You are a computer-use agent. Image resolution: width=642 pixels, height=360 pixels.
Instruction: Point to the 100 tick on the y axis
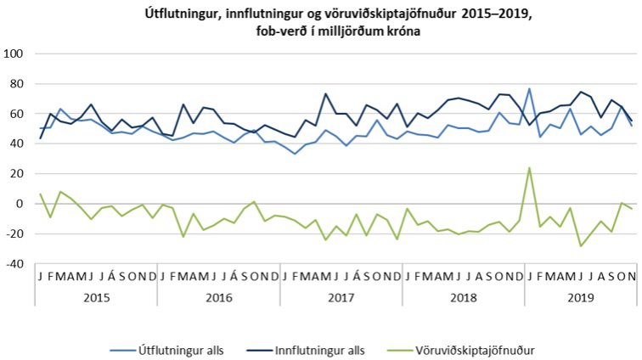coord(14,54)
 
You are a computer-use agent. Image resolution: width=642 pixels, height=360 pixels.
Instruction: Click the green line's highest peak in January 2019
coord(529,168)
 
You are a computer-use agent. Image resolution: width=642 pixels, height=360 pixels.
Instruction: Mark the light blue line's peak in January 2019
coord(529,88)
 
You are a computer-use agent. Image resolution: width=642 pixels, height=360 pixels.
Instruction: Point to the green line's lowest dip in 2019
coord(581,245)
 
